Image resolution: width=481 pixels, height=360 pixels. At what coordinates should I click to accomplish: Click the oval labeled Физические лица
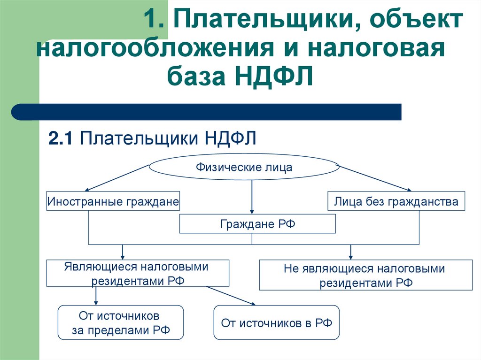(x=244, y=168)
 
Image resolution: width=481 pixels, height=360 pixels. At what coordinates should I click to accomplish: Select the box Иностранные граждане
(x=113, y=202)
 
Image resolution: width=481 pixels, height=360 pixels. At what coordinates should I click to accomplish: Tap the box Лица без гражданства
(x=396, y=202)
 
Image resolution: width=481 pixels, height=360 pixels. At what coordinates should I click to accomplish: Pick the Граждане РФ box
(x=257, y=224)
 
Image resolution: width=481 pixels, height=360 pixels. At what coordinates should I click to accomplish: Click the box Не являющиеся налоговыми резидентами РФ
(x=366, y=276)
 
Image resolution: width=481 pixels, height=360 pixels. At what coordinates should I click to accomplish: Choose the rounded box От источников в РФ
(x=276, y=323)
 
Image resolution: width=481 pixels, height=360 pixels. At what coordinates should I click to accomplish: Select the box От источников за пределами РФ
(x=120, y=323)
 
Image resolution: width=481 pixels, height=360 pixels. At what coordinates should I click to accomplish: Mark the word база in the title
(x=196, y=77)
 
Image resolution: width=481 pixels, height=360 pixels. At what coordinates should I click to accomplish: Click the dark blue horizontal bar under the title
(x=207, y=112)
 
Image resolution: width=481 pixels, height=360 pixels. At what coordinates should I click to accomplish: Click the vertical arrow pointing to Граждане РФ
(x=252, y=197)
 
